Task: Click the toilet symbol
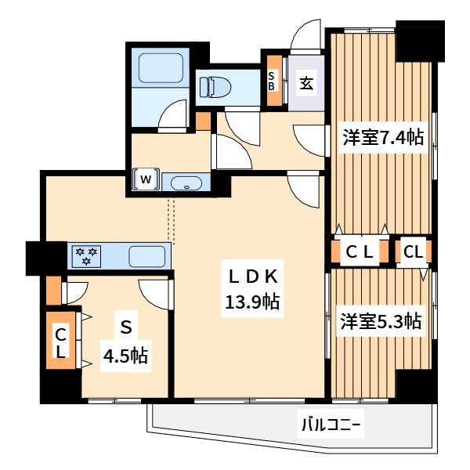click(x=215, y=87)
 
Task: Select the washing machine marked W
click(x=146, y=179)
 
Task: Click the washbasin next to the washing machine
click(x=186, y=183)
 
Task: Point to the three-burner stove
click(x=86, y=256)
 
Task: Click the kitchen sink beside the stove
click(x=147, y=256)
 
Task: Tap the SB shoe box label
click(x=271, y=81)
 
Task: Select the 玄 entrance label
click(x=306, y=83)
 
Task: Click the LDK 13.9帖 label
click(x=252, y=288)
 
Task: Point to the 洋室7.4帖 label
click(x=383, y=137)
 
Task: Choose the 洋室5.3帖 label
click(x=381, y=320)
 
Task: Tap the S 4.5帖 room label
click(x=125, y=341)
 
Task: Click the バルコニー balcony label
click(x=331, y=424)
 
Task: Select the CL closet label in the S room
click(x=61, y=342)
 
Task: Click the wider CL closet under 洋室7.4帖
click(x=360, y=251)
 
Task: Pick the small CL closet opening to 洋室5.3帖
click(x=414, y=251)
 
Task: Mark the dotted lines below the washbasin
click(x=171, y=219)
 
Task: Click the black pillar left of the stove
click(x=46, y=258)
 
